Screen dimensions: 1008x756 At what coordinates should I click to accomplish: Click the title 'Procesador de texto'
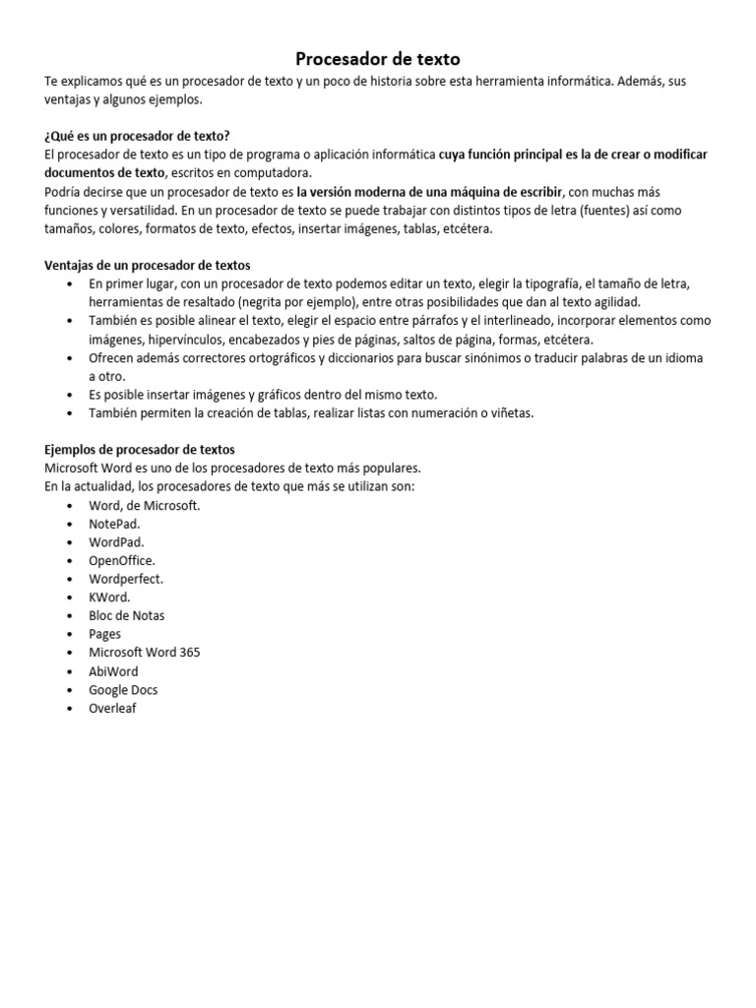pos(378,60)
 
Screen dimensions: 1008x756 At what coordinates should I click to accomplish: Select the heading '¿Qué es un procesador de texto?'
pos(138,136)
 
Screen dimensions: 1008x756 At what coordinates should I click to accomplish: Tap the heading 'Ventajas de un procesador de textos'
pos(148,265)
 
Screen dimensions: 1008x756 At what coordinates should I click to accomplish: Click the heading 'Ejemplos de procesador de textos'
pos(140,450)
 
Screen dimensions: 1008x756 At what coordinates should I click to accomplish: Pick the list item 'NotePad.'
pos(114,524)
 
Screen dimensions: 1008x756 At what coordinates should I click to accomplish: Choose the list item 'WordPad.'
pos(116,542)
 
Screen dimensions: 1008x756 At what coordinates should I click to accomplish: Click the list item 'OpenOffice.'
pos(122,560)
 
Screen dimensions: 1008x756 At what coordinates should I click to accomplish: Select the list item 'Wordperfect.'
pos(126,579)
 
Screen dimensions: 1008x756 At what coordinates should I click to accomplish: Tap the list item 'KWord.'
pos(109,598)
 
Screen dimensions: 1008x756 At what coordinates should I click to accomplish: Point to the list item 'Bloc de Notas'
pos(127,615)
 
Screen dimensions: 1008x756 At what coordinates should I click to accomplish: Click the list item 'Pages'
pos(105,634)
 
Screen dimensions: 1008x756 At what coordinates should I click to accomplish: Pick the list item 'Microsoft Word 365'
pos(145,653)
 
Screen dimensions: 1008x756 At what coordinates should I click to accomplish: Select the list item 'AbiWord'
pos(113,671)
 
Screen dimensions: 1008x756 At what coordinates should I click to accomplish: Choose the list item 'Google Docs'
pos(123,690)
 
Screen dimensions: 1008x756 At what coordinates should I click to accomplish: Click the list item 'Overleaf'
pos(112,708)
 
